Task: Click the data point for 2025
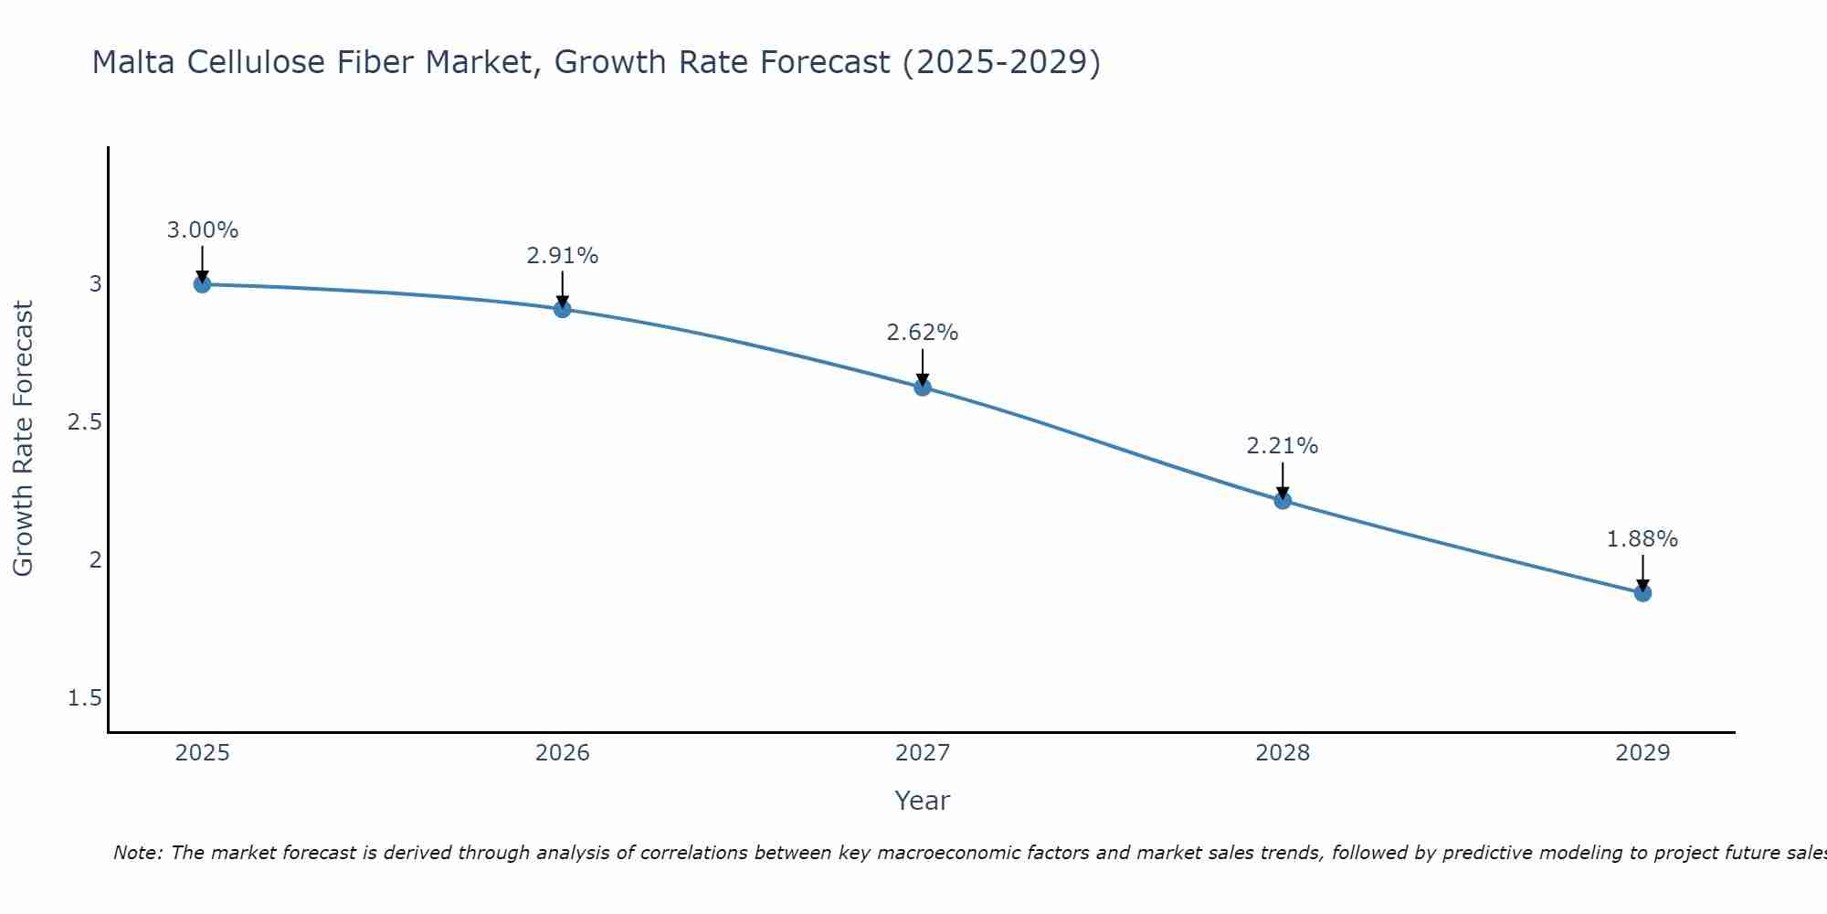tap(202, 284)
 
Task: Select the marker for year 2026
tap(562, 309)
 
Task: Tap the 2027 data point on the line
tap(923, 388)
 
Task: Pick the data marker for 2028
tap(1283, 500)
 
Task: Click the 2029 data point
tap(1642, 593)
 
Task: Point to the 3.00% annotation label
tap(202, 230)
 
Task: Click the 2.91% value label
tap(562, 256)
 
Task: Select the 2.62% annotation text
tap(923, 333)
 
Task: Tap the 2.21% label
tap(1283, 446)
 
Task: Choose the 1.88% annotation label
tap(1642, 539)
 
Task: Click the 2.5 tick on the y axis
tap(84, 422)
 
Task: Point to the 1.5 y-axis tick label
tap(84, 698)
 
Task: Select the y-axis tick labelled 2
tap(95, 560)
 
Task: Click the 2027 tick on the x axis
tap(923, 753)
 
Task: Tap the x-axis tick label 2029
tap(1642, 753)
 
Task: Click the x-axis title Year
tap(923, 801)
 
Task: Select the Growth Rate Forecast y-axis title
tap(24, 439)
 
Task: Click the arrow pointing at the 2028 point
tap(1283, 480)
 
